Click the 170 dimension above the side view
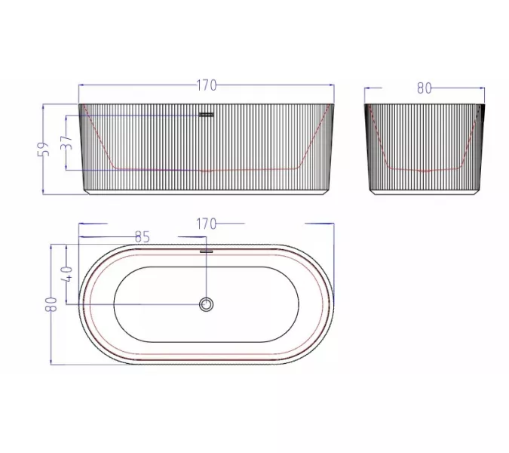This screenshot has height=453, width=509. pos(207,85)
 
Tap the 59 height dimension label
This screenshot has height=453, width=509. pos(44,149)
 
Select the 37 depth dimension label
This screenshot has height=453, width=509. pos(66,143)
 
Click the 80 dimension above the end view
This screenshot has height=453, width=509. pos(425,88)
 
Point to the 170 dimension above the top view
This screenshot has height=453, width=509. pos(206,224)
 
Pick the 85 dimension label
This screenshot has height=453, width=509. pos(143,237)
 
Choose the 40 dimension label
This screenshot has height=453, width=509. pos(68,273)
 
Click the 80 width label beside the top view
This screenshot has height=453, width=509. pos(51,304)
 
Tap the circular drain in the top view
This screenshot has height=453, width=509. pos(206,304)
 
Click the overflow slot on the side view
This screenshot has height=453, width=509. pos(206,115)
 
